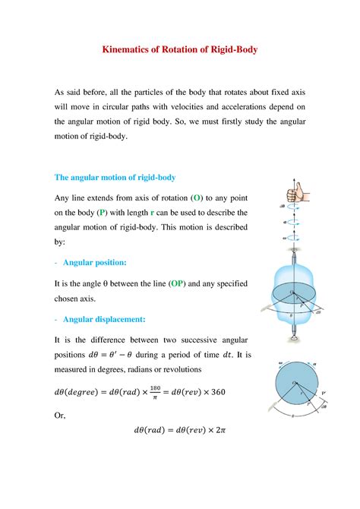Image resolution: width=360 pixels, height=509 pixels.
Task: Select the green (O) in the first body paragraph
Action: click(196, 198)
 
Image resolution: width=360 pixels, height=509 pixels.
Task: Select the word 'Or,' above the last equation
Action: click(62, 416)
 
